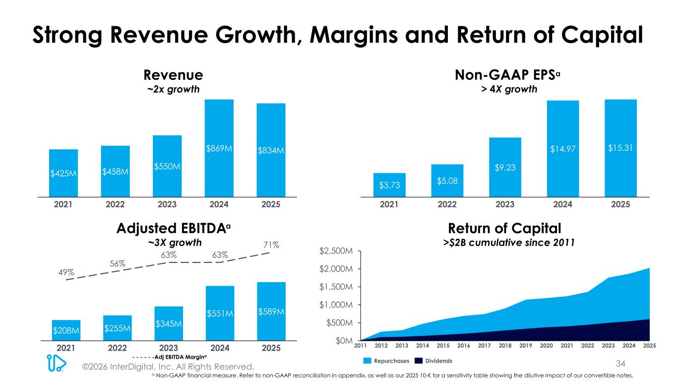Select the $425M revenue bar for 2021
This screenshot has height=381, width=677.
click(63, 173)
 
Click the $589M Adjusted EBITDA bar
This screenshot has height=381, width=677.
click(271, 311)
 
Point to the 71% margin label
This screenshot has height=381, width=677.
click(271, 245)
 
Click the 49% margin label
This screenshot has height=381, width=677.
click(66, 272)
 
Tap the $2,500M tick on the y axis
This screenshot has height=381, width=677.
click(337, 252)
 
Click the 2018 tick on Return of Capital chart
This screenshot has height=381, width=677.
click(505, 345)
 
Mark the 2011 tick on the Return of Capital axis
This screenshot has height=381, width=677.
click(361, 345)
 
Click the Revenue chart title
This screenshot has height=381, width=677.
click(173, 75)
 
